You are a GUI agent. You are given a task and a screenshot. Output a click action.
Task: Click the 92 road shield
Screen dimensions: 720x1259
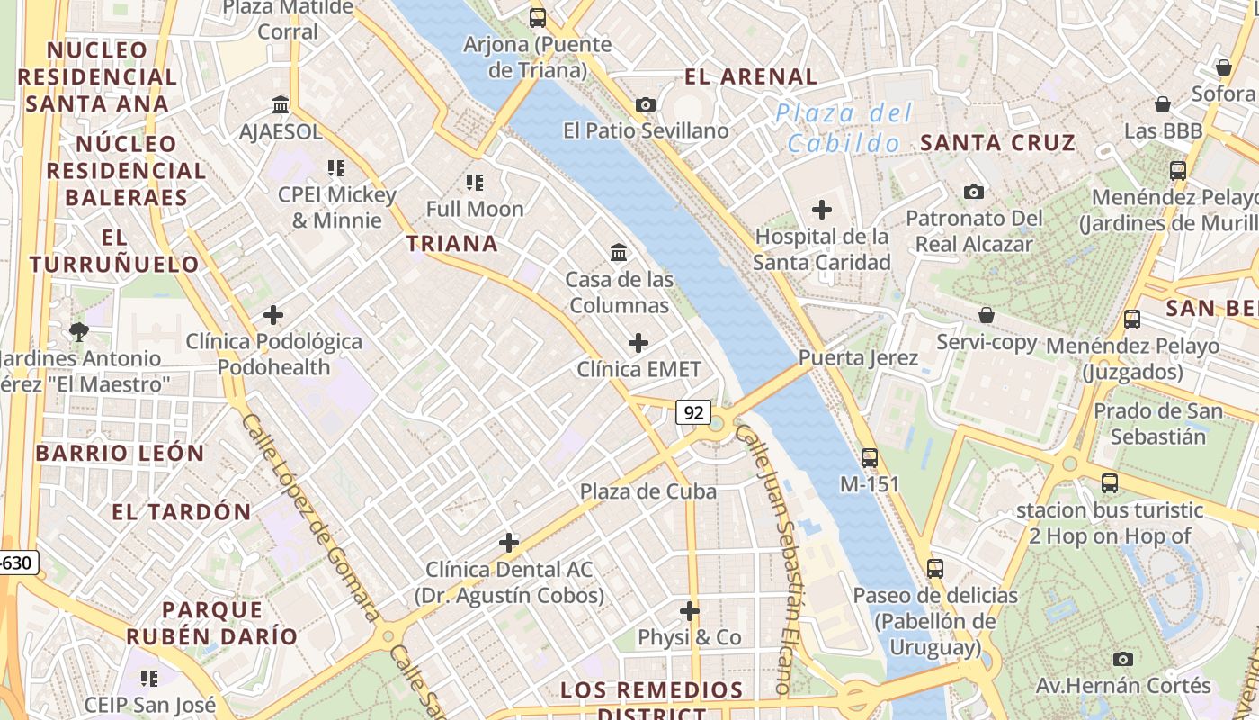693,413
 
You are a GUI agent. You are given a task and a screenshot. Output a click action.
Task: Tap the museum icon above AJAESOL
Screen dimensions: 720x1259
281,104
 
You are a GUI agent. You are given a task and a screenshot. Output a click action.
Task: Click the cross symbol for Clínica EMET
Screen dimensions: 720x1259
638,343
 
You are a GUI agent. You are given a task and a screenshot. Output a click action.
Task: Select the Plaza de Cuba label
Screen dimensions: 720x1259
647,491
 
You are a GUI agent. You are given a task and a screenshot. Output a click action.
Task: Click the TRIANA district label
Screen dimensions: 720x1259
451,244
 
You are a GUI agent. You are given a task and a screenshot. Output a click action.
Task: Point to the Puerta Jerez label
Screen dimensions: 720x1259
859,358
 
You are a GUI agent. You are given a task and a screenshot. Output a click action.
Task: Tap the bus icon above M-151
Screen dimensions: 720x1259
869,457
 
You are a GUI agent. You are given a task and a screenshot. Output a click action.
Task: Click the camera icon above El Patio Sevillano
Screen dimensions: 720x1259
645,104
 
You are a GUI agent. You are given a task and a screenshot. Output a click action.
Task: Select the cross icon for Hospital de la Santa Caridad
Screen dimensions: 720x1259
821,210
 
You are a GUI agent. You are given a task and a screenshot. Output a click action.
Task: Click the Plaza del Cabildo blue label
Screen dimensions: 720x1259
844,128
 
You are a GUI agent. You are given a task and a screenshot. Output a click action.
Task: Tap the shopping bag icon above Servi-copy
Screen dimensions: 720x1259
987,315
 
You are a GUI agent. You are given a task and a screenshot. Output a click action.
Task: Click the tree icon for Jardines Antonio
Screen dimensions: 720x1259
79,331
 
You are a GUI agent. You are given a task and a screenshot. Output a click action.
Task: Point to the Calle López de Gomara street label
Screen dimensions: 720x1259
310,517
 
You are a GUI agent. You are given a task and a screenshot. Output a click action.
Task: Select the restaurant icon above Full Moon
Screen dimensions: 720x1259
475,183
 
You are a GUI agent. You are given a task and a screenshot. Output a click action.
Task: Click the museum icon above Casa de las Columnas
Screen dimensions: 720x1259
619,253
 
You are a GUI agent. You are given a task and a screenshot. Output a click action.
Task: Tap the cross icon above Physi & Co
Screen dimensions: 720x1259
690,611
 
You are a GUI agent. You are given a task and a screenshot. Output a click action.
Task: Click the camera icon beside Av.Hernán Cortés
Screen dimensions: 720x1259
1122,659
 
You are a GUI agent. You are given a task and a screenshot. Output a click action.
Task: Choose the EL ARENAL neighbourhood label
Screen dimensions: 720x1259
751,76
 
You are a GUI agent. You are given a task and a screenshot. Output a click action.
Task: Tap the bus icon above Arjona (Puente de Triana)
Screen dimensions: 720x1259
537,17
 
